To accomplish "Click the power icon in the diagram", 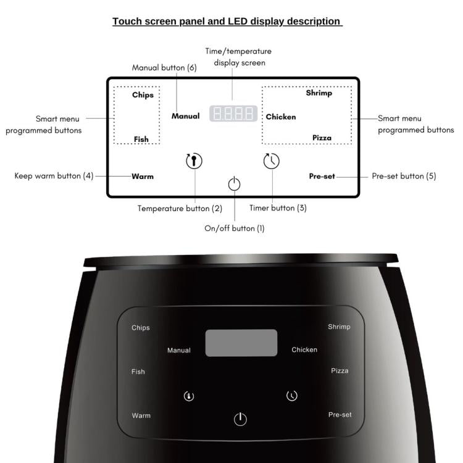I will (234, 184).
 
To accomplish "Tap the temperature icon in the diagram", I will (194, 161).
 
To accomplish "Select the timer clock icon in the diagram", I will (271, 161).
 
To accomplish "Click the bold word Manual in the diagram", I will (186, 116).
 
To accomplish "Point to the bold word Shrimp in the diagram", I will (319, 93).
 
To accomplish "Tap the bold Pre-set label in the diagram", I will (322, 176).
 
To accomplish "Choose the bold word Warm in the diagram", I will (143, 176).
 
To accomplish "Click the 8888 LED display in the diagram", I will (233, 114).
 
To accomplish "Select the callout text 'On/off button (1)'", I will (235, 228).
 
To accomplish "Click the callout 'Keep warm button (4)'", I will (54, 176).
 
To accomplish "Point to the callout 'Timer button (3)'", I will (278, 208).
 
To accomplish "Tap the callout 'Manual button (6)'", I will (164, 68).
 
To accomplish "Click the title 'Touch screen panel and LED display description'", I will (227, 22).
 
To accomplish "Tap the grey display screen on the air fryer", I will (241, 343).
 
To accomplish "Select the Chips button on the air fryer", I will (141, 328).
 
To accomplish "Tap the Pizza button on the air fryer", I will (340, 371).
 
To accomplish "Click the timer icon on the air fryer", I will (292, 396).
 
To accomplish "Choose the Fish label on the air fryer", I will (138, 372).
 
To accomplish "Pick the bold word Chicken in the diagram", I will (281, 117).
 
